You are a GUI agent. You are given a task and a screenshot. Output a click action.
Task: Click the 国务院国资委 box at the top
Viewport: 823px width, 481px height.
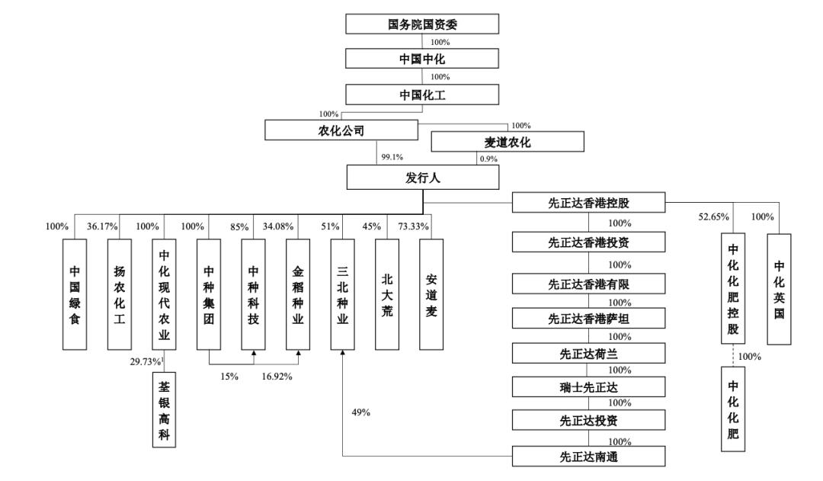pos(422,24)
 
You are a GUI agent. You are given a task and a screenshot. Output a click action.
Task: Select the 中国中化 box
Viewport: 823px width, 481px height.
pos(422,59)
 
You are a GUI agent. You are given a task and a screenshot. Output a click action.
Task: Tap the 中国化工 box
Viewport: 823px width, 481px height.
pos(422,95)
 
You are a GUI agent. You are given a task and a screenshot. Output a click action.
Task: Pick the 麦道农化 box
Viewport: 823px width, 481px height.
pos(508,143)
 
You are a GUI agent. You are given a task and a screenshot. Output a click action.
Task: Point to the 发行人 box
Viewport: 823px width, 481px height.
pos(422,178)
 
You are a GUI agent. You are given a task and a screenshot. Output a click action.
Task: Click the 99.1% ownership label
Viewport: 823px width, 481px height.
pos(391,157)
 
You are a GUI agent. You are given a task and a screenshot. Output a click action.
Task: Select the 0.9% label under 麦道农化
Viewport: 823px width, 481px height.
pos(488,159)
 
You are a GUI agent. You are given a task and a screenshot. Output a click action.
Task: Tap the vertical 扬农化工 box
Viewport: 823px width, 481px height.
pos(119,294)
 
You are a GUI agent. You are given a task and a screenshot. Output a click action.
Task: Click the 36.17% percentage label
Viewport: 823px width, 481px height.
pos(102,226)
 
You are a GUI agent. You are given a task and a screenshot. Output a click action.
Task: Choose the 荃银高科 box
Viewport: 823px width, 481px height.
pos(163,409)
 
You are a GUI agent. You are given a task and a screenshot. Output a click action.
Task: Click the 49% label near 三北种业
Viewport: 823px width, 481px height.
pos(360,412)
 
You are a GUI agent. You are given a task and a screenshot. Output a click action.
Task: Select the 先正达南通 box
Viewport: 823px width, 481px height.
pos(588,457)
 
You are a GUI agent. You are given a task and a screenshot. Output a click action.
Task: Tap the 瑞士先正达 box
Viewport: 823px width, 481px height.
pos(588,387)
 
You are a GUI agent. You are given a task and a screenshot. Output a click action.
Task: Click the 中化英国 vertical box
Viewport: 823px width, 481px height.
pos(779,290)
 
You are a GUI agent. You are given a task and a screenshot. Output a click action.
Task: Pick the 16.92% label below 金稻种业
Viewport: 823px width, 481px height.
pos(279,377)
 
